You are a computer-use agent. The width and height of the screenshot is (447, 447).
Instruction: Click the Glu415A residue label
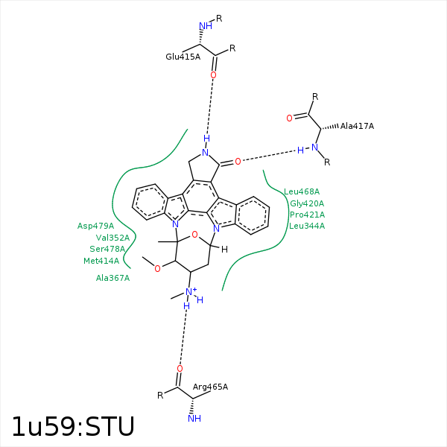click(x=183, y=56)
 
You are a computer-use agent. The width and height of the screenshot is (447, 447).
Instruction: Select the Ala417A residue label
click(x=357, y=126)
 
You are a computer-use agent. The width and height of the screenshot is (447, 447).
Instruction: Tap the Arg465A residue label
click(x=210, y=387)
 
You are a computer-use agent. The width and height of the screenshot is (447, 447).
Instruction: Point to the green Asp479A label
click(x=95, y=226)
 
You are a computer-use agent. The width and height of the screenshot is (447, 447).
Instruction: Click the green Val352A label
click(x=112, y=238)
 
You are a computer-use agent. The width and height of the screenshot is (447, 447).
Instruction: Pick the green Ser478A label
click(x=107, y=249)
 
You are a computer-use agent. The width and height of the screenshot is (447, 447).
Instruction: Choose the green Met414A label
click(x=101, y=261)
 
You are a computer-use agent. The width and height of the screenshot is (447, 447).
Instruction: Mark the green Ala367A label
click(x=112, y=278)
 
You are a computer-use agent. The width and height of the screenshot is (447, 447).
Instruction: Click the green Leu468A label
click(x=302, y=191)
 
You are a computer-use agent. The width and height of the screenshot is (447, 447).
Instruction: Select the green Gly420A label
click(x=307, y=203)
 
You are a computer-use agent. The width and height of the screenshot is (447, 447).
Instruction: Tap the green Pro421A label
click(x=307, y=215)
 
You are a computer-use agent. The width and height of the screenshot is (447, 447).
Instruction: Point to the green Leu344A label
click(x=307, y=226)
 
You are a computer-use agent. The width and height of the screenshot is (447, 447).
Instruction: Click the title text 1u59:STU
click(x=72, y=427)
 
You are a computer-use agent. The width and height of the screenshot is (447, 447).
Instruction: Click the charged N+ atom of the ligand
click(x=191, y=292)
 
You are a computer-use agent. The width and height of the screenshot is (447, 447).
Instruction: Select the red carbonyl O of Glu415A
click(x=213, y=75)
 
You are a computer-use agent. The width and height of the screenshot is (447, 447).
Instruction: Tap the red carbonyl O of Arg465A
click(x=180, y=368)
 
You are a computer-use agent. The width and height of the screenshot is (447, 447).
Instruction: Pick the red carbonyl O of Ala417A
click(x=289, y=118)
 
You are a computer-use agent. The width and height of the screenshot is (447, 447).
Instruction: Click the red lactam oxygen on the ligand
click(x=238, y=161)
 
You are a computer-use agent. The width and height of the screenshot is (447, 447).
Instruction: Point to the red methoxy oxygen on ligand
click(x=157, y=268)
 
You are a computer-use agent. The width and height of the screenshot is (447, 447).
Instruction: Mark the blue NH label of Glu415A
click(x=206, y=26)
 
